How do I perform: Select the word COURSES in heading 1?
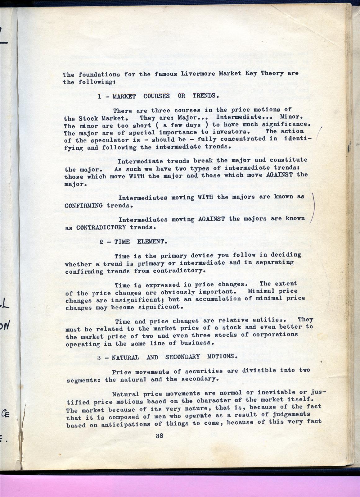coord(156,96)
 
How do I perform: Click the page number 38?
coord(160,435)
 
